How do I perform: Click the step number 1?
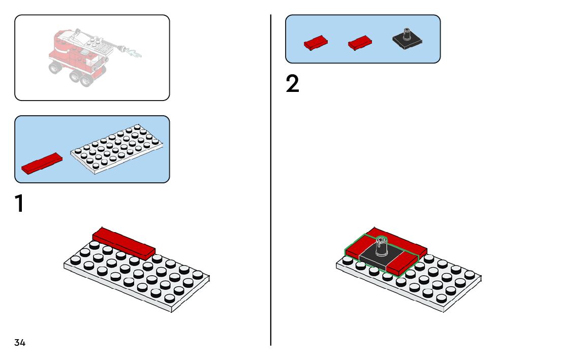19,204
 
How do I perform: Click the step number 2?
292,84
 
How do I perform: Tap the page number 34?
20,342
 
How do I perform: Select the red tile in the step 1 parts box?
42,162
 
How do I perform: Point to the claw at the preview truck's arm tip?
135,52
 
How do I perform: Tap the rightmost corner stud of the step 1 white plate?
198,274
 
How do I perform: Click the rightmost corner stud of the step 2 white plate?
470,274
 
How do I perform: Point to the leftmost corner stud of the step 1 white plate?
75,260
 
